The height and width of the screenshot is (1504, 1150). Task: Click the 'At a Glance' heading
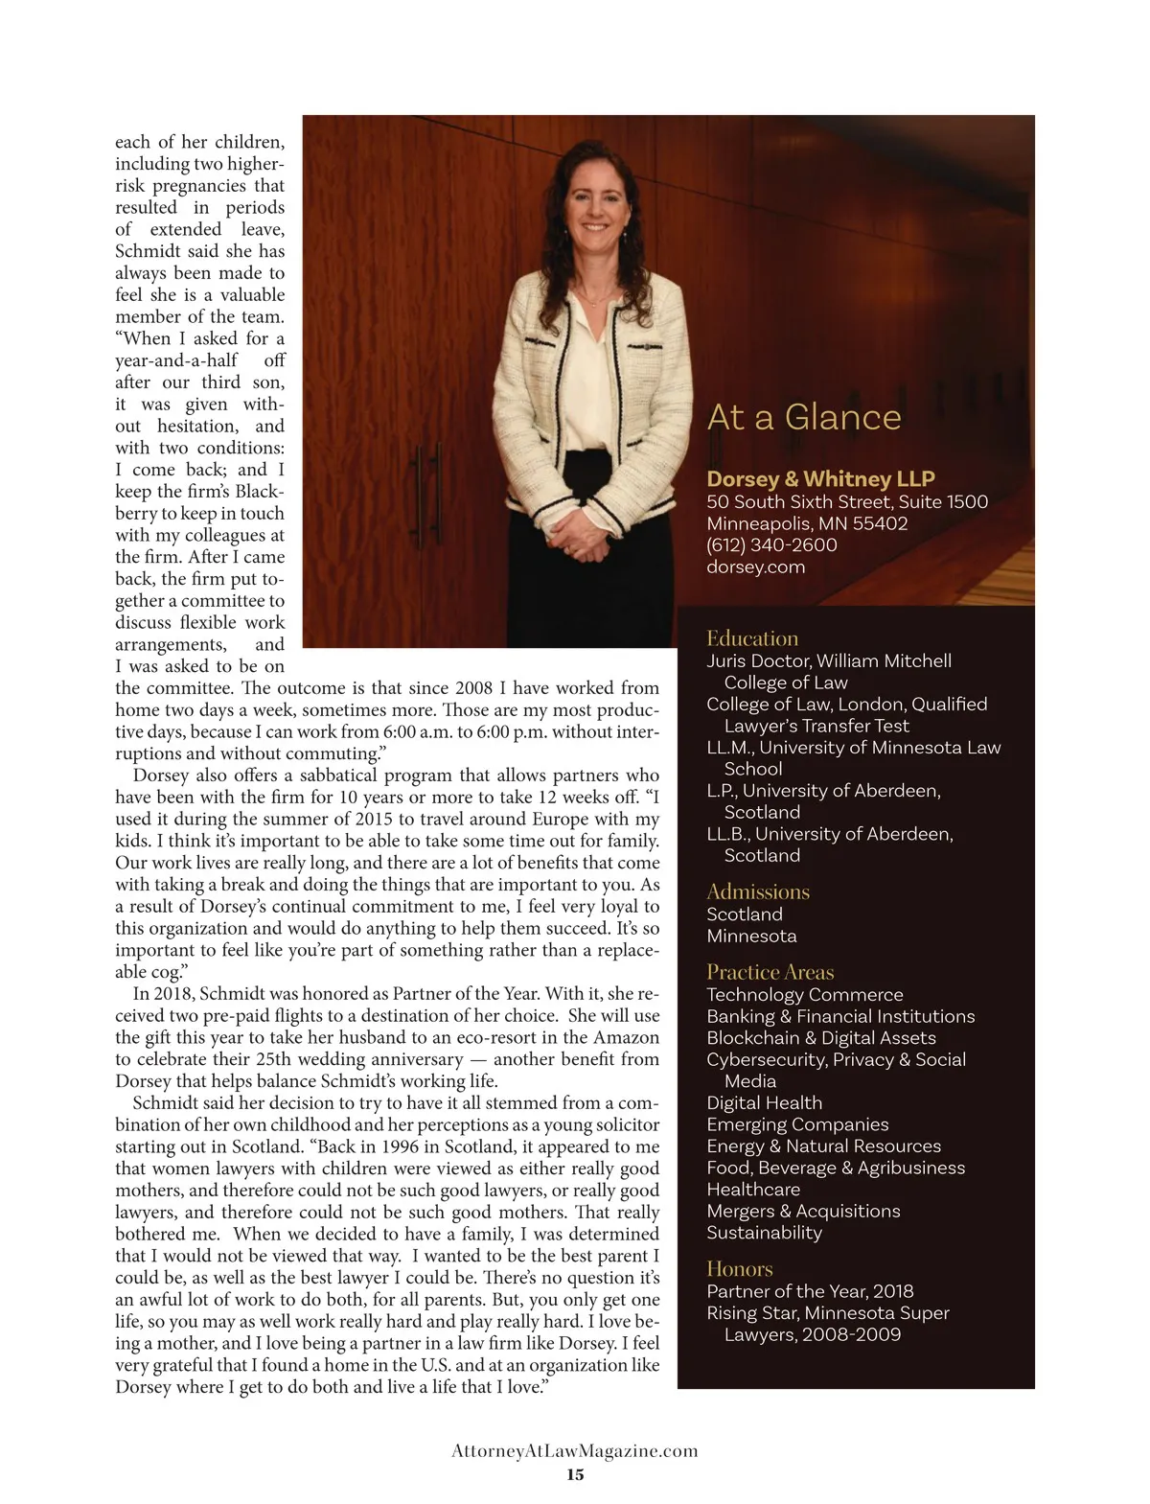pyautogui.click(x=804, y=417)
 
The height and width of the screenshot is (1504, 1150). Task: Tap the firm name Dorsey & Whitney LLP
pyautogui.click(x=820, y=478)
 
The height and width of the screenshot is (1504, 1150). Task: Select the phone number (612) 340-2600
pyautogui.click(x=771, y=544)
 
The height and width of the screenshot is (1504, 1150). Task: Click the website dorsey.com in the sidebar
pyautogui.click(x=755, y=567)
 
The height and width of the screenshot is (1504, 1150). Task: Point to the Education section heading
pyautogui.click(x=752, y=638)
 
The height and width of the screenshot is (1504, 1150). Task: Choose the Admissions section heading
pyautogui.click(x=758, y=891)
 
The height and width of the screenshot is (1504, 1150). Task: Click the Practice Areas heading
pyautogui.click(x=770, y=972)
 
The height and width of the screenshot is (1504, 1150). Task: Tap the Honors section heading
pyautogui.click(x=740, y=1269)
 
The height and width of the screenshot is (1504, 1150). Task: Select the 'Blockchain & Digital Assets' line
pyautogui.click(x=821, y=1037)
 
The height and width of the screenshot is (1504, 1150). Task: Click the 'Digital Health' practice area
pyautogui.click(x=764, y=1102)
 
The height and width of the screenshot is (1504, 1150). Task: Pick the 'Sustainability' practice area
pyautogui.click(x=764, y=1233)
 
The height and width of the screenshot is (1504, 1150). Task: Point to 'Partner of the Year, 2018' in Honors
pyautogui.click(x=810, y=1291)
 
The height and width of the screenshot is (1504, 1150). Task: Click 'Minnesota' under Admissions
pyautogui.click(x=751, y=936)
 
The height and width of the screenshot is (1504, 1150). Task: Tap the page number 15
pyautogui.click(x=575, y=1474)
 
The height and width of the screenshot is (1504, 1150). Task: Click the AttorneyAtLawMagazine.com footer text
pyautogui.click(x=575, y=1451)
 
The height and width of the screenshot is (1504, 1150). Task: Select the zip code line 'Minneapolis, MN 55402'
pyautogui.click(x=807, y=523)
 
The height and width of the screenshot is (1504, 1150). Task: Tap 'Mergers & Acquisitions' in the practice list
pyautogui.click(x=803, y=1211)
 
